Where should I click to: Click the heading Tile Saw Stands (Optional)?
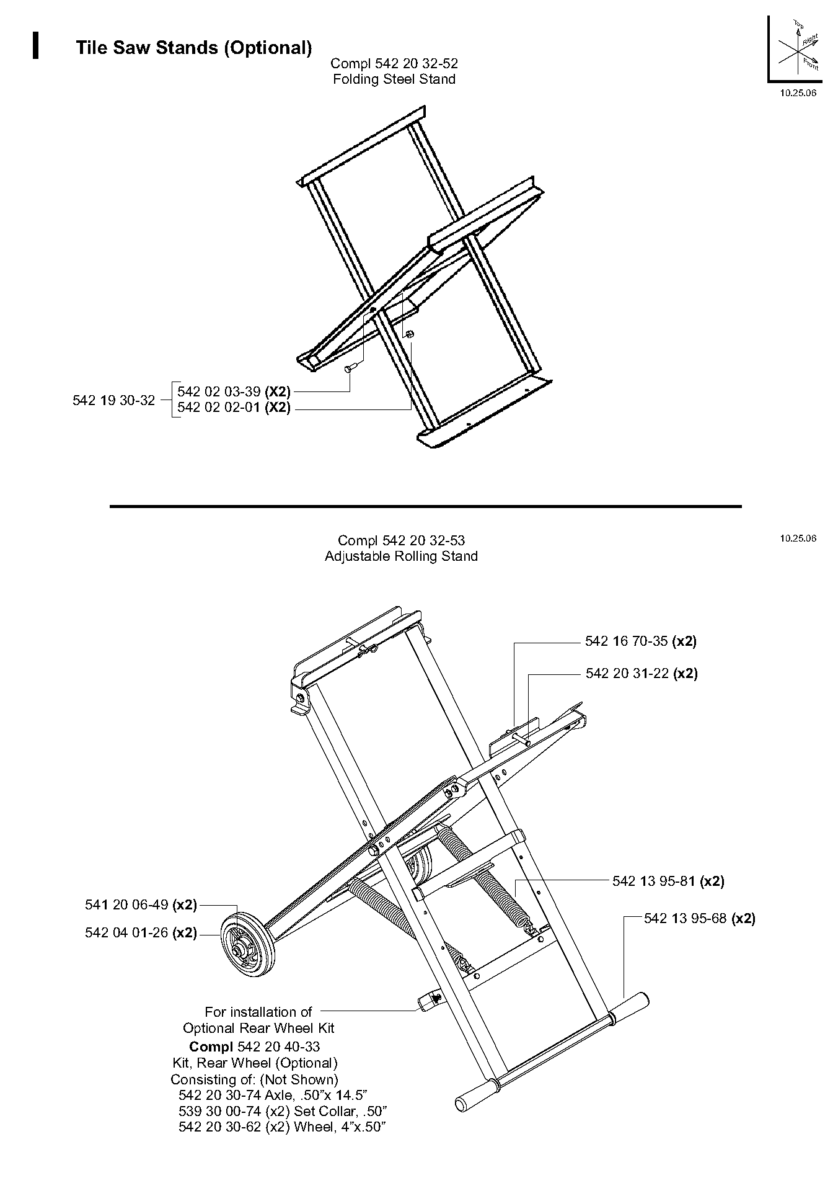pyautogui.click(x=193, y=48)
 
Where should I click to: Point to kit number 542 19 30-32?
pyautogui.click(x=113, y=400)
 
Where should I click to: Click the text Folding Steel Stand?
pyautogui.click(x=394, y=79)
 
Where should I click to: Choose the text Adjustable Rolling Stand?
pyautogui.click(x=401, y=556)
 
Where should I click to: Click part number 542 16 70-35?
pyautogui.click(x=627, y=641)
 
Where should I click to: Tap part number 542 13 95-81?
pyautogui.click(x=654, y=881)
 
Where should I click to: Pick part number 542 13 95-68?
pyautogui.click(x=686, y=918)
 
